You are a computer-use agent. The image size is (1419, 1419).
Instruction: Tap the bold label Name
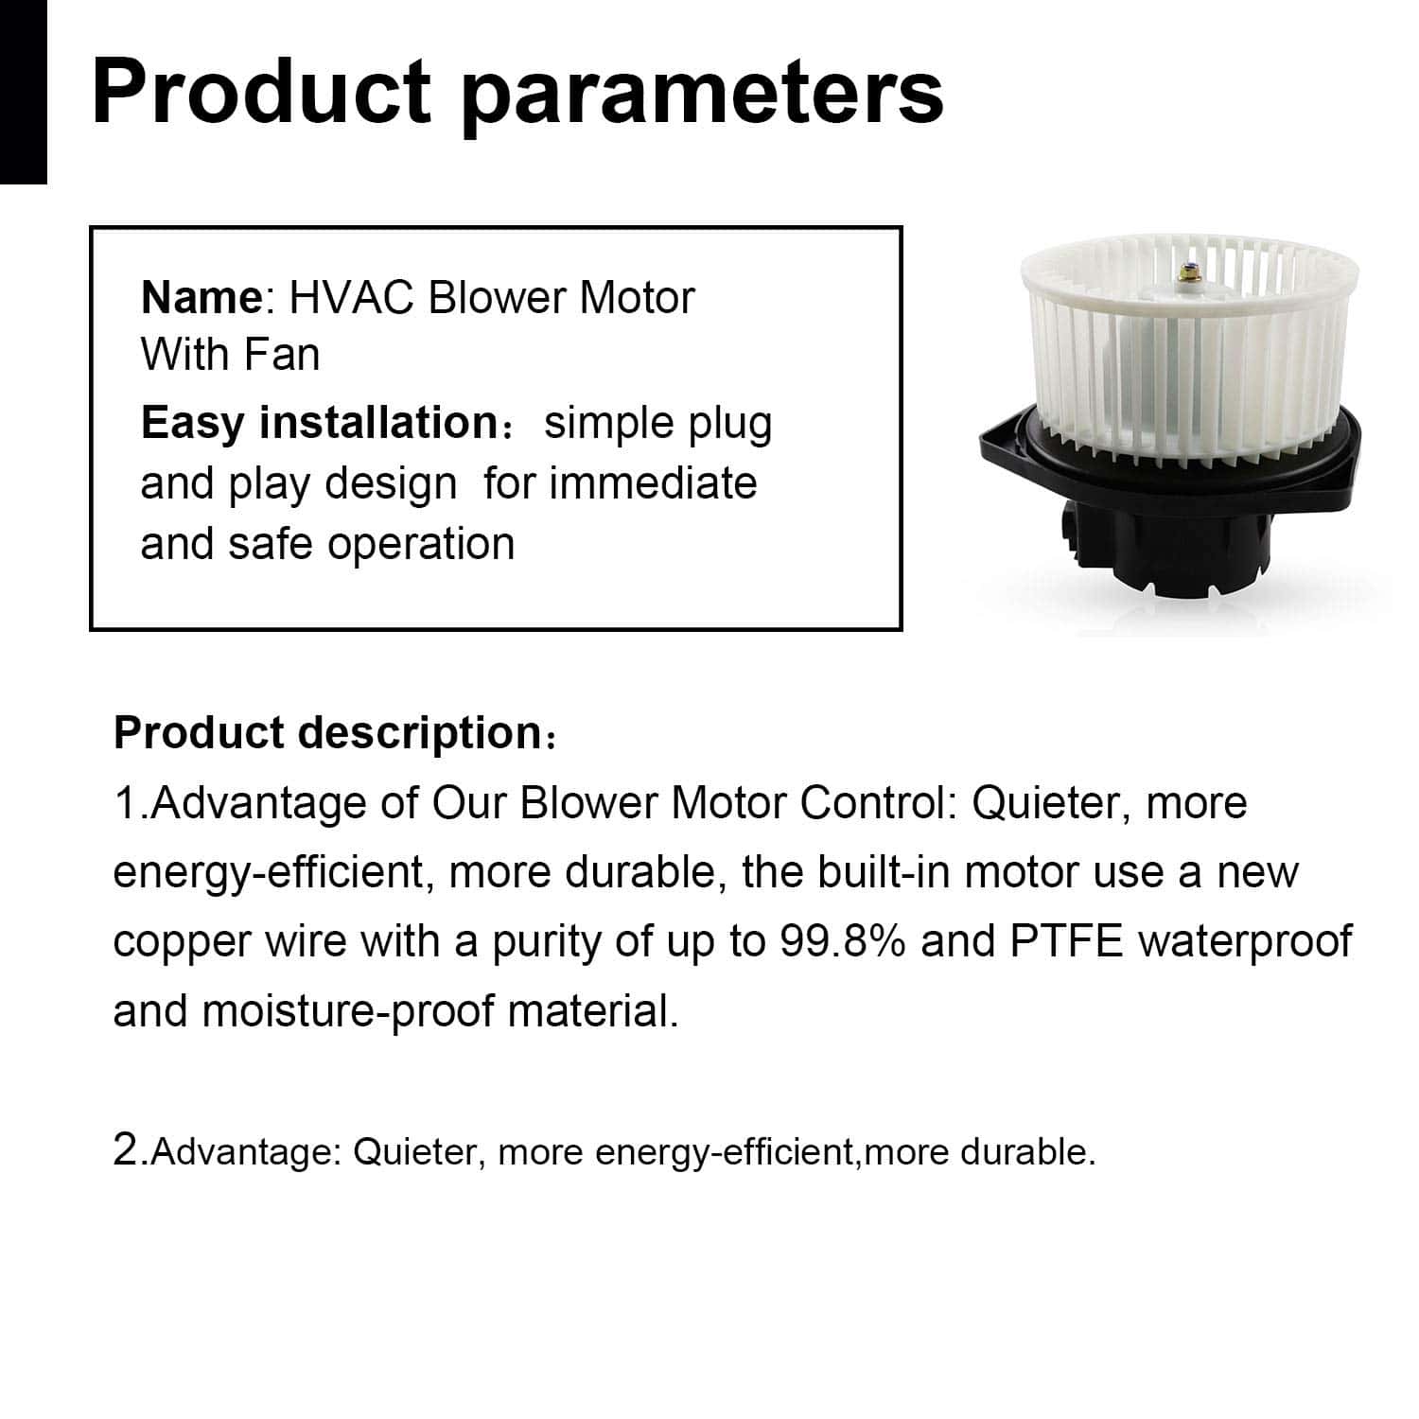pyautogui.click(x=201, y=298)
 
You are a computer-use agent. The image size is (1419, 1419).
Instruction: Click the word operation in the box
pyautogui.click(x=422, y=545)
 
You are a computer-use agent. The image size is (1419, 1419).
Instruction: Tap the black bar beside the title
pyautogui.click(x=23, y=92)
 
